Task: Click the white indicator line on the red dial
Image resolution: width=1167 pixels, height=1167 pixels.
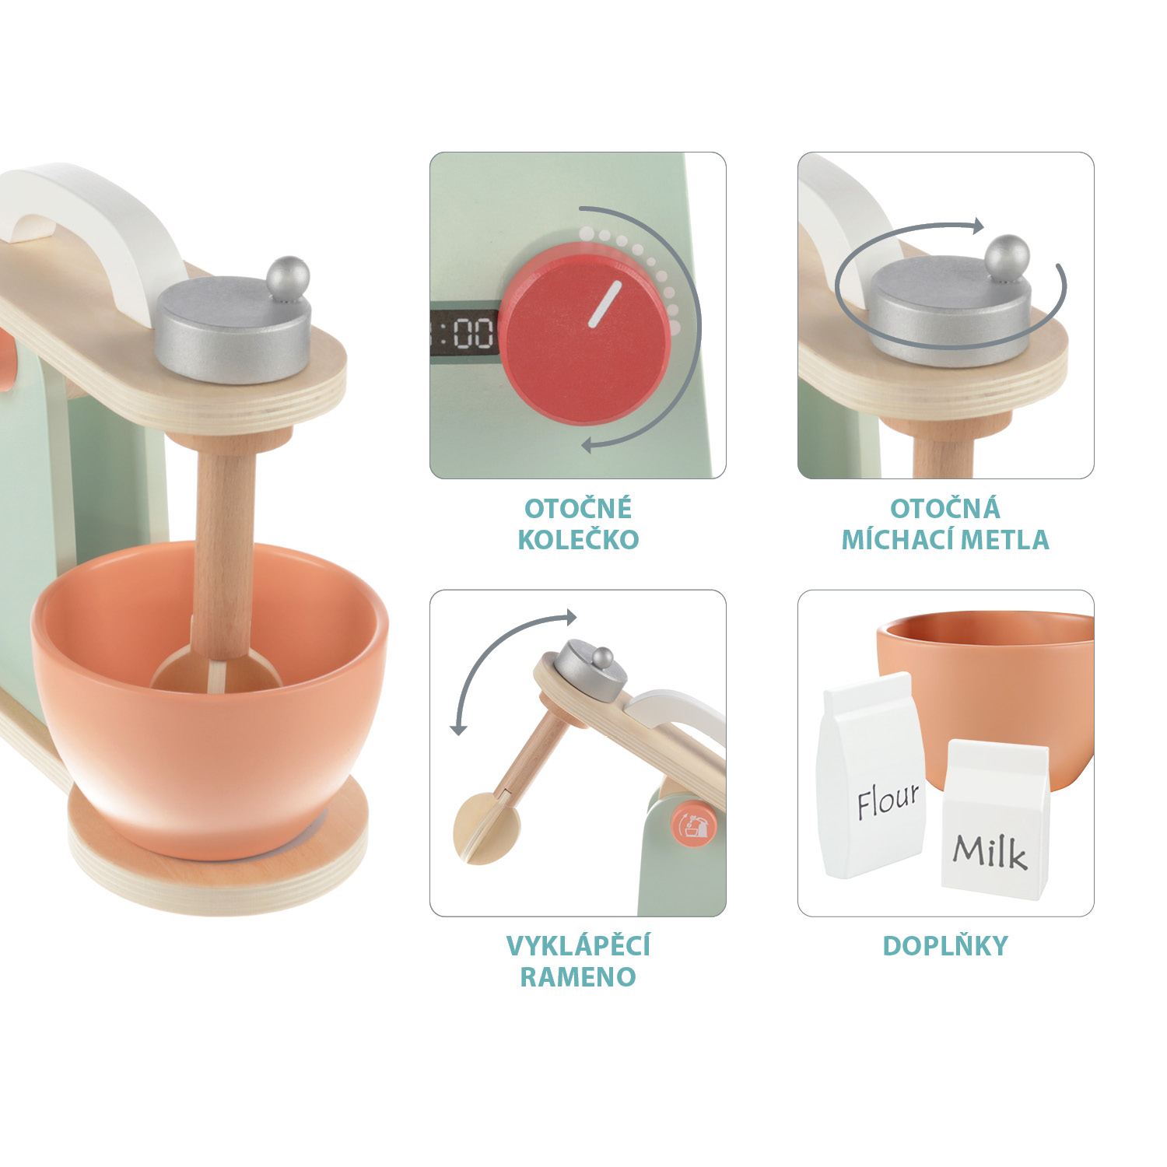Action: (605, 304)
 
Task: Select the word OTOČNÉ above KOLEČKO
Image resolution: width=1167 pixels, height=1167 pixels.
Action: (577, 509)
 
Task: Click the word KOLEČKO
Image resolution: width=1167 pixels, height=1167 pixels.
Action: (578, 540)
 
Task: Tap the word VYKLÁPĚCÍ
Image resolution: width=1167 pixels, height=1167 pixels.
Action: (578, 946)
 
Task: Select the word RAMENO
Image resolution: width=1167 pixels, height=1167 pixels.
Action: (578, 977)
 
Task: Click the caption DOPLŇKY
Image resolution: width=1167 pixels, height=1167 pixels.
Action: (945, 946)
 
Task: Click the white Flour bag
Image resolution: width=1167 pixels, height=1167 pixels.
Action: (871, 778)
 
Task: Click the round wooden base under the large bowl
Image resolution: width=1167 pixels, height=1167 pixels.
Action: (218, 879)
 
